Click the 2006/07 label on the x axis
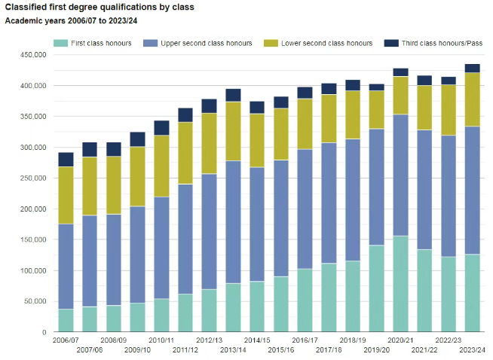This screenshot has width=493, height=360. point(66,340)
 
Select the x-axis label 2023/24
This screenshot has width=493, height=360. point(472,350)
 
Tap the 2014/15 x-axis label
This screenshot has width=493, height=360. point(257,340)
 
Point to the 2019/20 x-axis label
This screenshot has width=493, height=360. point(377,350)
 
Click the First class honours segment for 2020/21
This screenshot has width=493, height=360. point(400,284)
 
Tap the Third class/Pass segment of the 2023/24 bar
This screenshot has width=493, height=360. point(472,68)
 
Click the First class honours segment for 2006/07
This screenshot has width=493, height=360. point(66,320)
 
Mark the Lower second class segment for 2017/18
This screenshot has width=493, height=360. point(329,118)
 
